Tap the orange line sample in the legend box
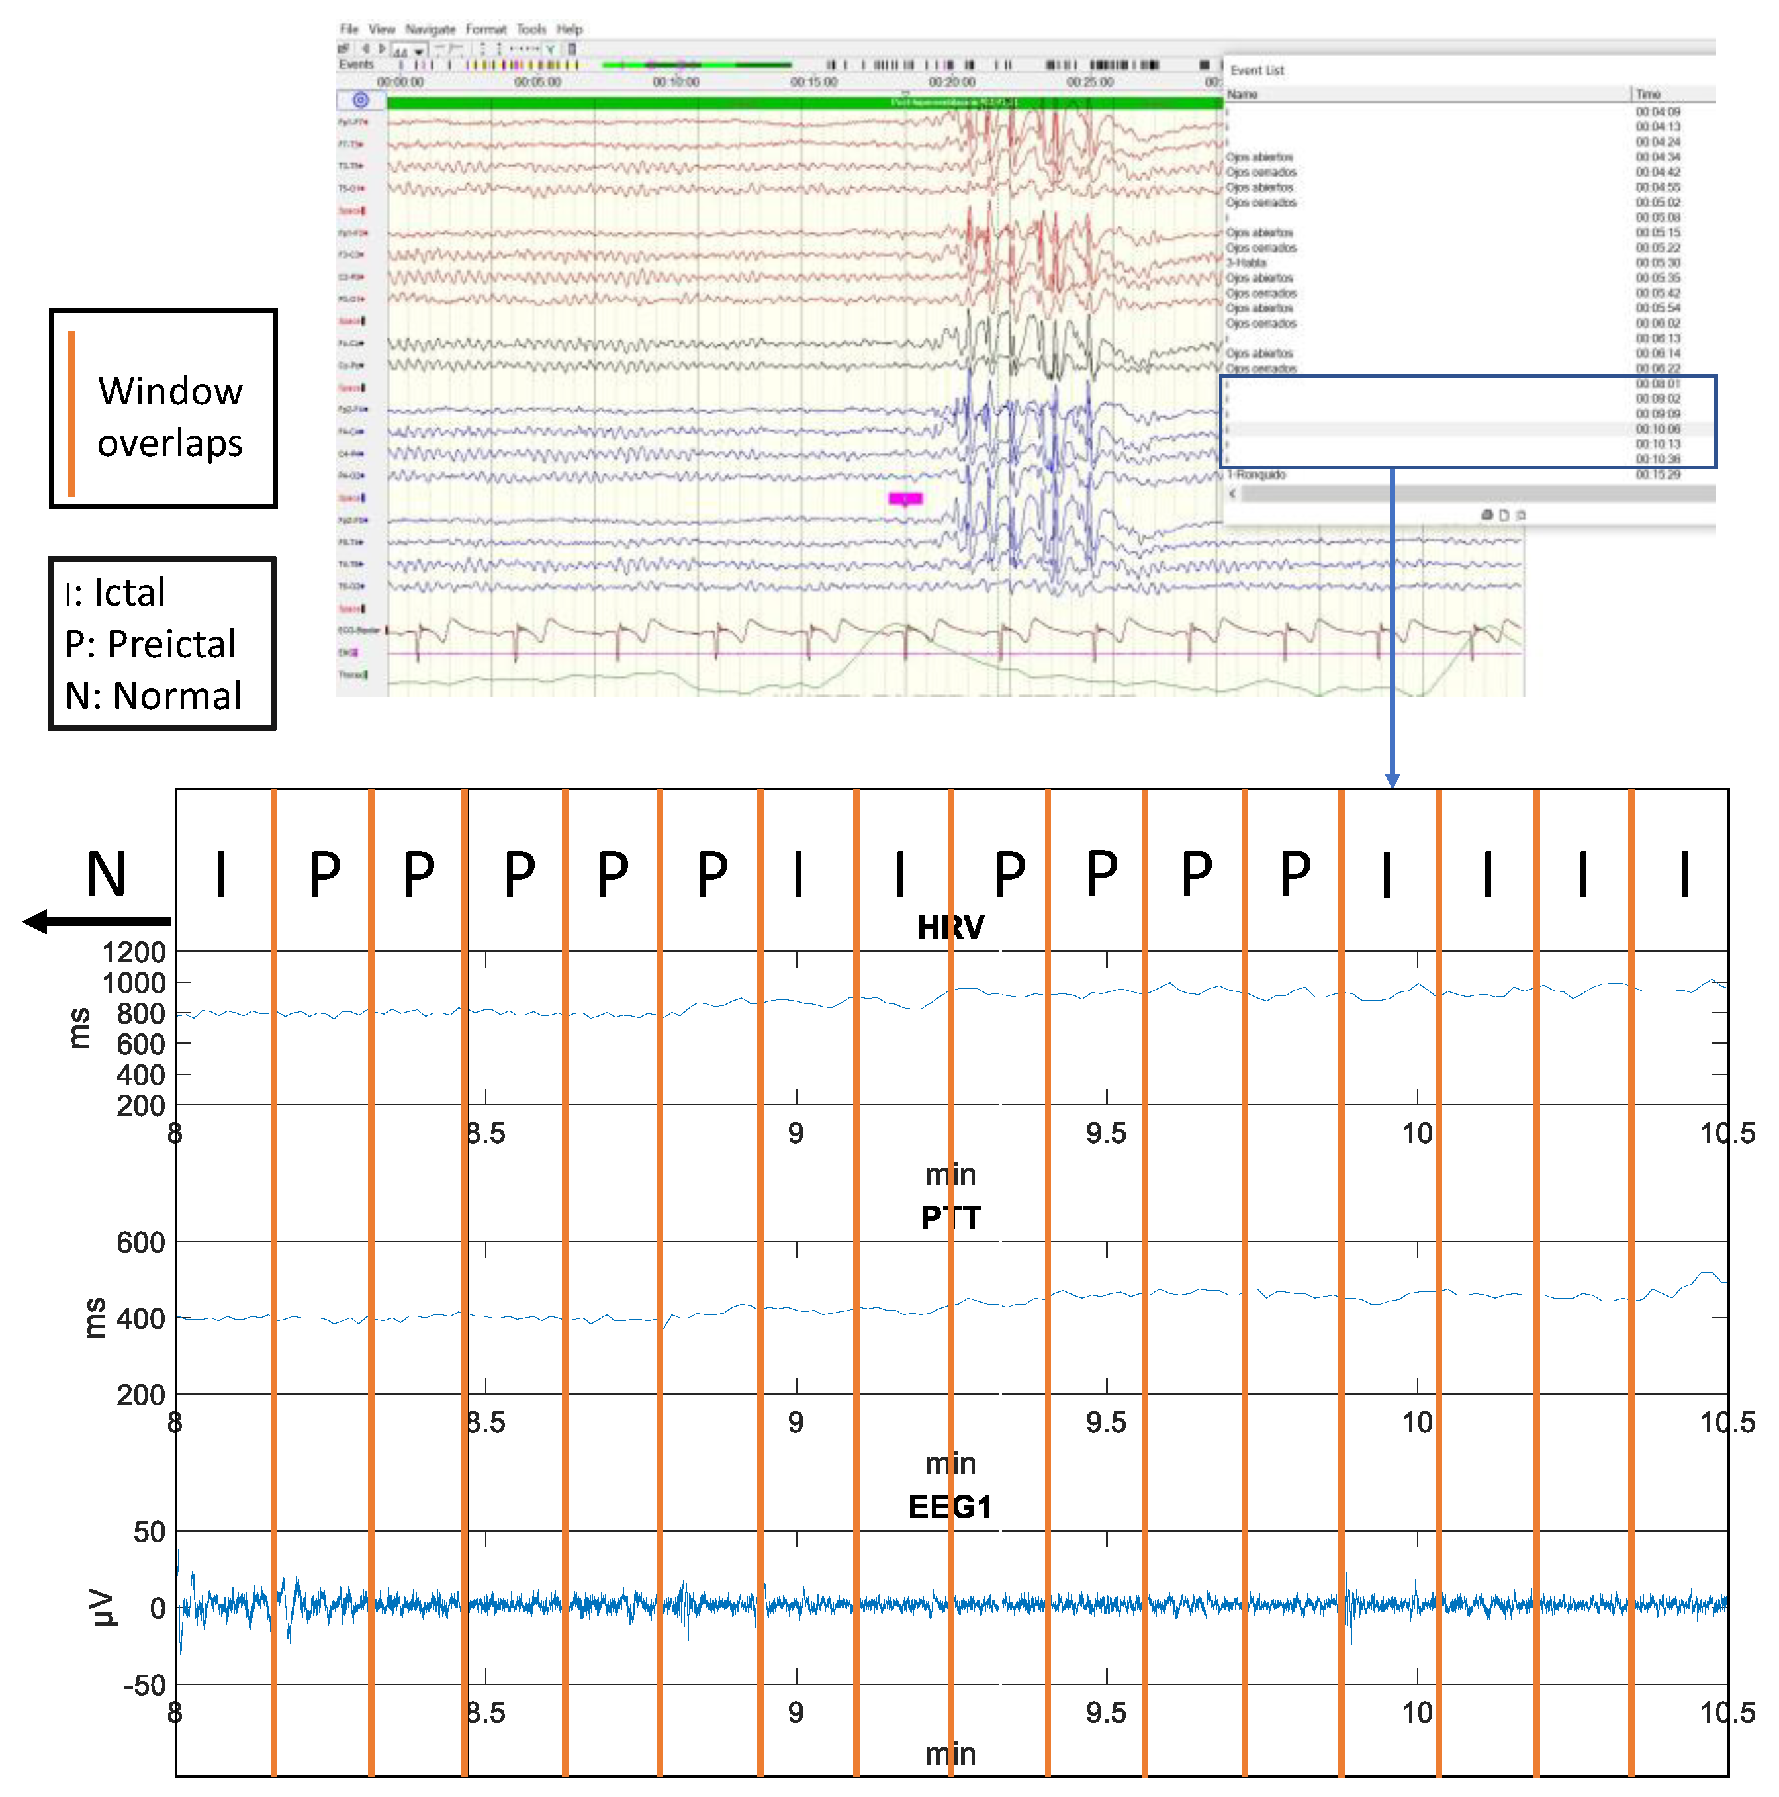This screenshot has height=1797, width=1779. point(71,413)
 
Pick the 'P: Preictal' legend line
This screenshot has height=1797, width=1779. point(150,643)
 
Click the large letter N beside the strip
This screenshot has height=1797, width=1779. point(106,874)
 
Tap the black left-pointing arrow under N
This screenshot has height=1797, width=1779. point(93,922)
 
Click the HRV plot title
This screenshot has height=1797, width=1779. point(950,927)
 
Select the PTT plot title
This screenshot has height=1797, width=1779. point(950,1218)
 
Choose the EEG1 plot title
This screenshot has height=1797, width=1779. point(950,1507)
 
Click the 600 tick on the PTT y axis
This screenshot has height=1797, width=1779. point(142,1242)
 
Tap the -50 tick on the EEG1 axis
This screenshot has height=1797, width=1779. point(145,1684)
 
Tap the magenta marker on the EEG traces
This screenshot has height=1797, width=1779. point(905,498)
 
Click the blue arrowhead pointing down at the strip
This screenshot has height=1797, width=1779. point(1391,780)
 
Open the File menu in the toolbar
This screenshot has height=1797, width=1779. point(349,30)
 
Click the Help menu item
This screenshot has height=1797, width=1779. point(569,30)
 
